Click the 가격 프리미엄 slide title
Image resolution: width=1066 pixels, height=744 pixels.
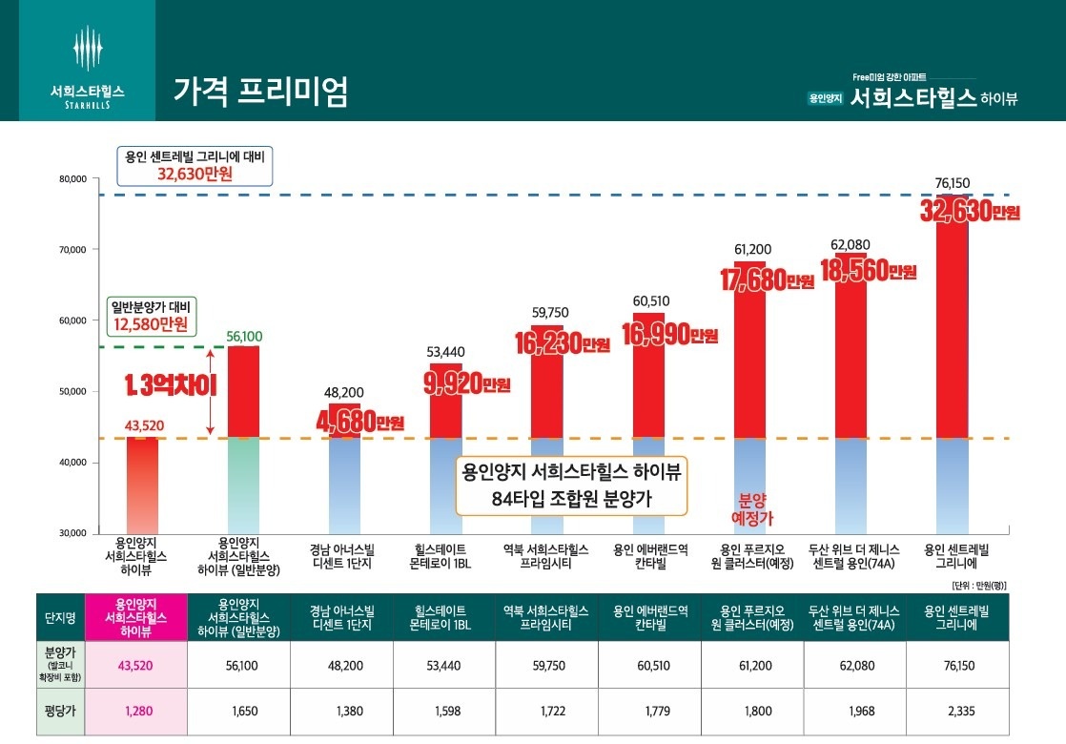pyautogui.click(x=260, y=91)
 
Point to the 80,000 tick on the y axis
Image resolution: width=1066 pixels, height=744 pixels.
pyautogui.click(x=73, y=178)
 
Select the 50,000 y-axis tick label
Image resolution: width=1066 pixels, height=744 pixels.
pyautogui.click(x=73, y=391)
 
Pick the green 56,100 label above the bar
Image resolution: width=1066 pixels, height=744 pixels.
pyautogui.click(x=245, y=336)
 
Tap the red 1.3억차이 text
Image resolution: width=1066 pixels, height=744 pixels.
pyautogui.click(x=174, y=386)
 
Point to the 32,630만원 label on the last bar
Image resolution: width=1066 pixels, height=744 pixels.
pyautogui.click(x=970, y=211)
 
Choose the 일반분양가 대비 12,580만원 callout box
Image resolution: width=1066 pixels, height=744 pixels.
pyautogui.click(x=151, y=316)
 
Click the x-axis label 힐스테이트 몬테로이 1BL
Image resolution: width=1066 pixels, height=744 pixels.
pyautogui.click(x=441, y=557)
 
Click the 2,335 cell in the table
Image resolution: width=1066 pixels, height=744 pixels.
pyautogui.click(x=956, y=711)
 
